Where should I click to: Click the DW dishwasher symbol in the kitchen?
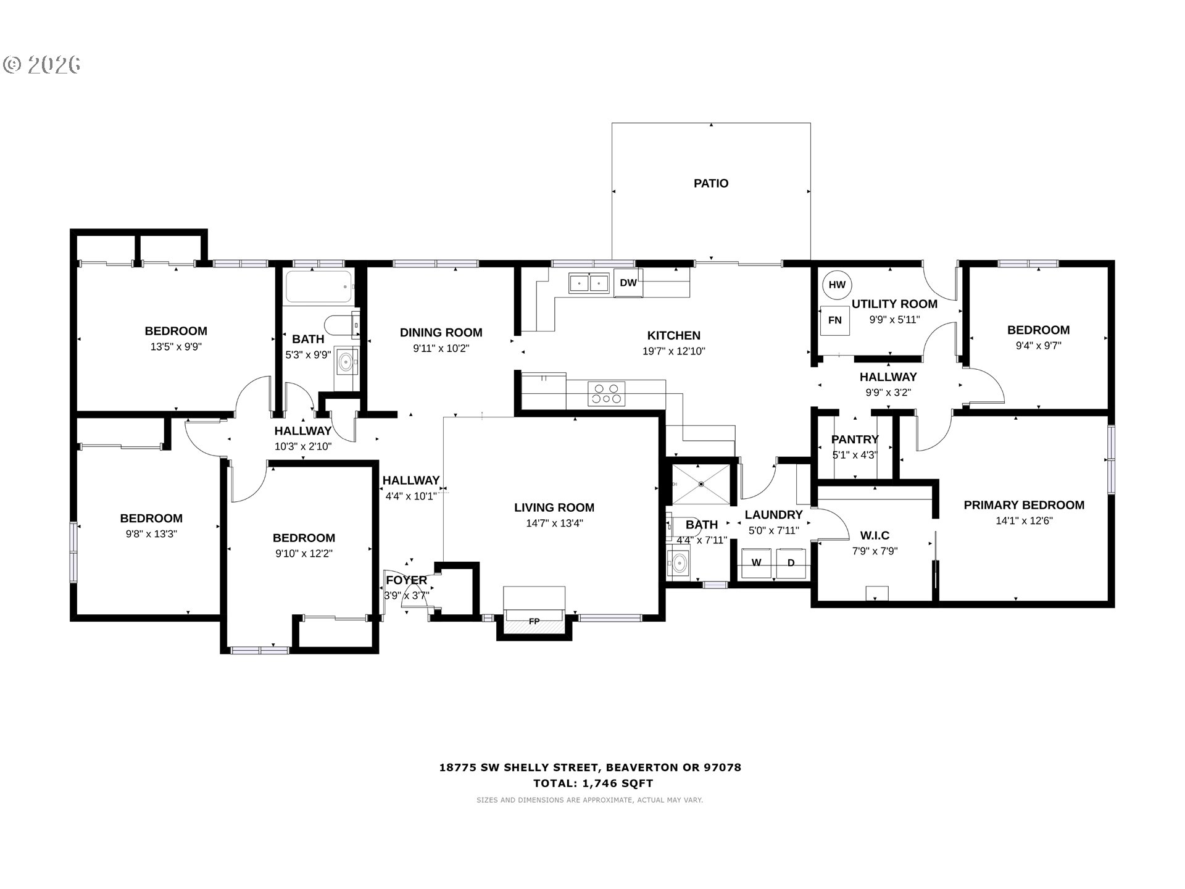click(x=628, y=283)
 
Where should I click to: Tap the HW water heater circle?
click(x=837, y=285)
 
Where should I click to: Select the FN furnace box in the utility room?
click(x=834, y=320)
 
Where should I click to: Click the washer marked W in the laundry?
click(x=756, y=563)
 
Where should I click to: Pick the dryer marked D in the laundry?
click(x=791, y=563)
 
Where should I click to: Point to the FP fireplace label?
click(x=534, y=621)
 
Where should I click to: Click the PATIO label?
click(x=711, y=183)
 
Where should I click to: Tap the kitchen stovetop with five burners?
click(x=606, y=393)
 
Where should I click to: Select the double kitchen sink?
click(x=589, y=283)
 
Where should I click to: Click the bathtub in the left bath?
click(x=319, y=287)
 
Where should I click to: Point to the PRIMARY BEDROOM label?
click(x=1024, y=505)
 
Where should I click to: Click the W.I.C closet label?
click(x=875, y=535)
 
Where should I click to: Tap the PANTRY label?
click(x=855, y=440)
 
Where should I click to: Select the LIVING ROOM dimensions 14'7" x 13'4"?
click(x=554, y=524)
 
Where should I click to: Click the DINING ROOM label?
click(x=441, y=333)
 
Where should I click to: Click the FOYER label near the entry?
click(x=407, y=580)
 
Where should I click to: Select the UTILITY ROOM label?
click(x=894, y=304)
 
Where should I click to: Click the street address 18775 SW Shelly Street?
click(x=519, y=768)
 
